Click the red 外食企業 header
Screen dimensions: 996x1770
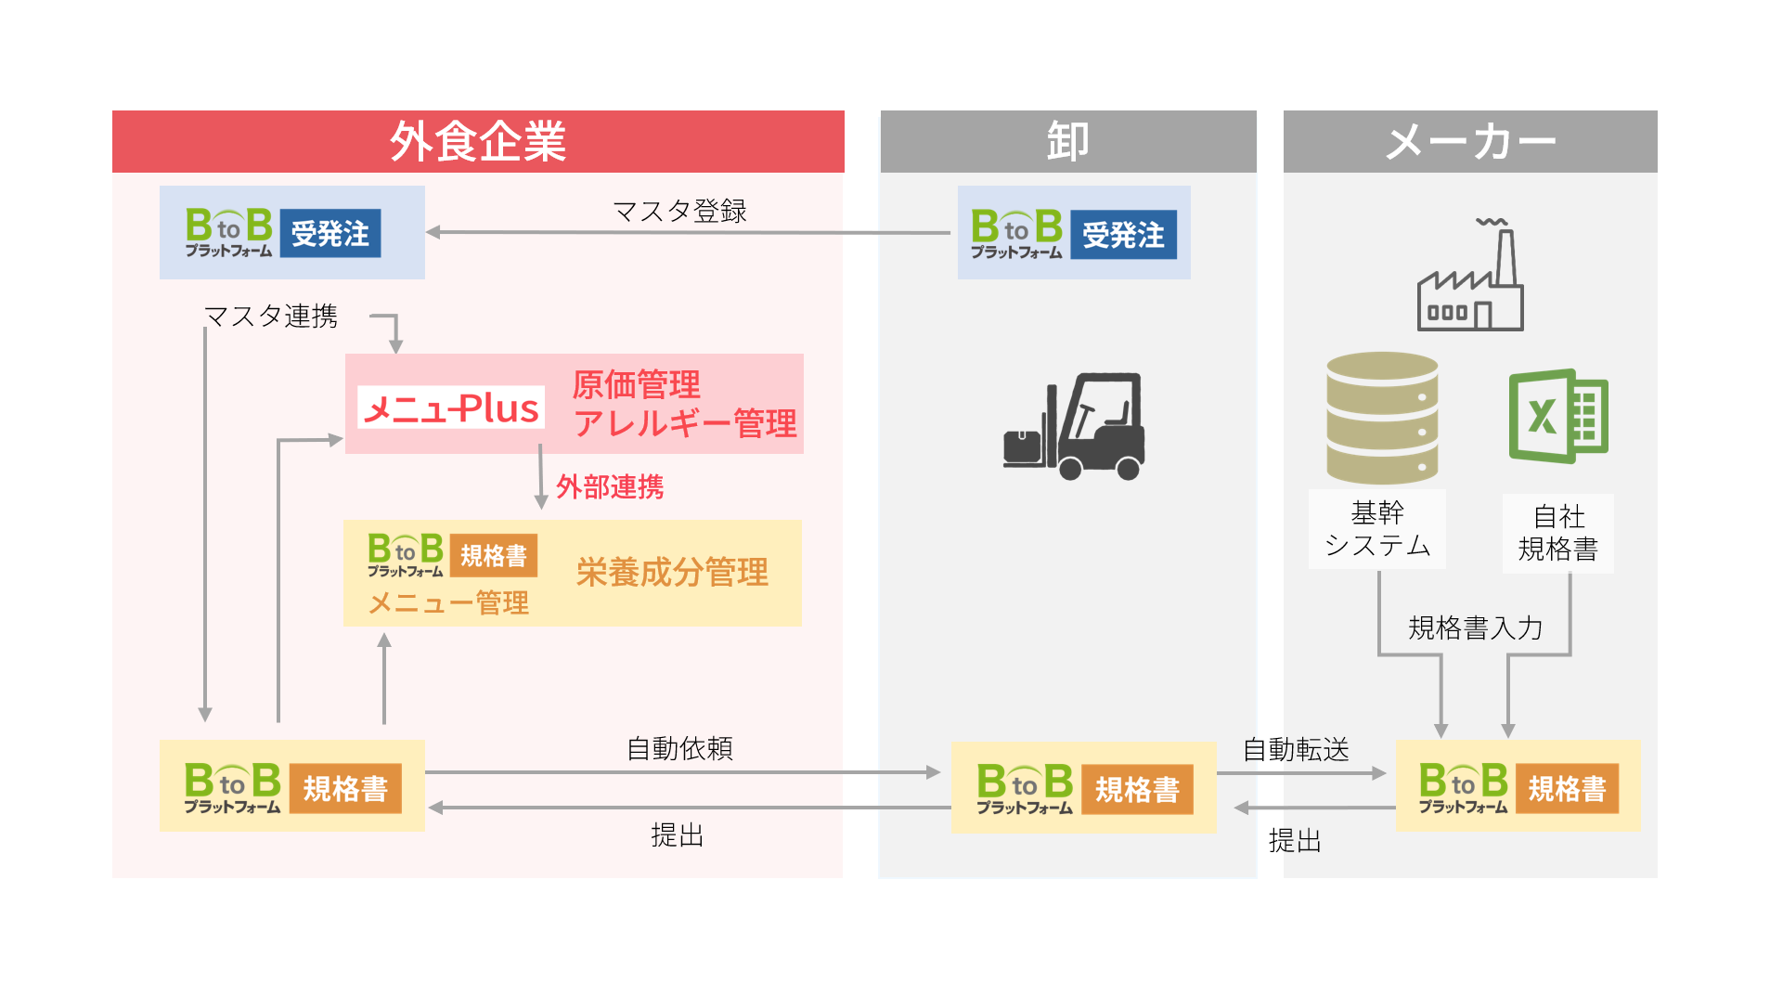tap(477, 142)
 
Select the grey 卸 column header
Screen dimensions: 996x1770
tap(1067, 142)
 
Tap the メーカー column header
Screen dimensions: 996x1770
tap(1469, 142)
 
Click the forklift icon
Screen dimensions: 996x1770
tap(1075, 427)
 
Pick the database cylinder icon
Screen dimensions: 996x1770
tap(1382, 417)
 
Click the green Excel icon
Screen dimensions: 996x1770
tap(1558, 416)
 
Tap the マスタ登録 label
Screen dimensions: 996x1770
tap(679, 212)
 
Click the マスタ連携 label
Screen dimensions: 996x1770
tap(271, 317)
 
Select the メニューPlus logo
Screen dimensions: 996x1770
tap(451, 407)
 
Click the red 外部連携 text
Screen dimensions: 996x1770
tap(610, 486)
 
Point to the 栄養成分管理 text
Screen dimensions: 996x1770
tap(672, 572)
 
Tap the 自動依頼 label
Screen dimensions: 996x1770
tap(679, 748)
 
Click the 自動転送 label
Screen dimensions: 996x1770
tap(1296, 749)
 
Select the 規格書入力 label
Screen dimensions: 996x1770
tap(1475, 628)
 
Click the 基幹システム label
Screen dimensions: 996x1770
tap(1377, 529)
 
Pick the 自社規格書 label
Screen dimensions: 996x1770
tap(1558, 533)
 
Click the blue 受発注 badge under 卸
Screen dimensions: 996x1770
tap(1123, 235)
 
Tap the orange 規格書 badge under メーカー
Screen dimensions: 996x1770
tap(1567, 789)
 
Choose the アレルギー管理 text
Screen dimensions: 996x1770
tap(685, 424)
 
